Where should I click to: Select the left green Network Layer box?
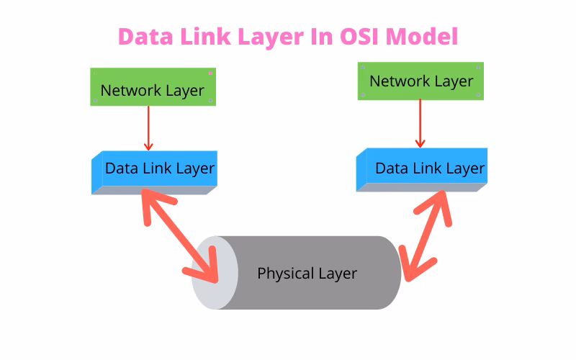click(x=152, y=89)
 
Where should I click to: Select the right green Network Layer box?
click(x=420, y=81)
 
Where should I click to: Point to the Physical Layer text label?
click(x=307, y=274)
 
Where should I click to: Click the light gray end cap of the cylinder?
click(x=214, y=272)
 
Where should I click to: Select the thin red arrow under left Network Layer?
click(x=148, y=127)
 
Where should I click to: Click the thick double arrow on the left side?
click(x=180, y=234)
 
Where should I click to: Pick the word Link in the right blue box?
click(x=427, y=168)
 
